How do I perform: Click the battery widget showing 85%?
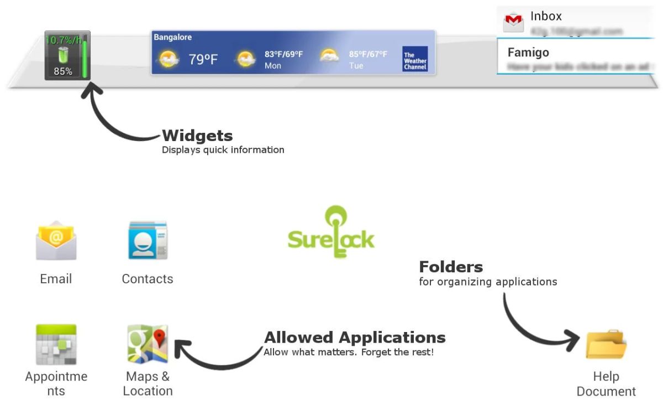67,56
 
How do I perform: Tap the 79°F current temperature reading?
203,59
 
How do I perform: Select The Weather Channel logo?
415,59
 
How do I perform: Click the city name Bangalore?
172,37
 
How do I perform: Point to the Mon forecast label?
273,66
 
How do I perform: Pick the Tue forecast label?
356,66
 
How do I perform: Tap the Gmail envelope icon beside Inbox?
513,22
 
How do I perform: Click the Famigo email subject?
528,53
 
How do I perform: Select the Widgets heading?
197,136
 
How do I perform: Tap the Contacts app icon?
148,241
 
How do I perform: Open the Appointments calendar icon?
56,344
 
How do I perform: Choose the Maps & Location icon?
148,344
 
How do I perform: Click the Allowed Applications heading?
355,337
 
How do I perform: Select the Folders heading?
451,267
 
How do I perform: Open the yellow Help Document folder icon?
606,344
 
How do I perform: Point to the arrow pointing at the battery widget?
113,119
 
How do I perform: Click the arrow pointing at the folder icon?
530,326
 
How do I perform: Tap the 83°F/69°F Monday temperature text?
283,54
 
